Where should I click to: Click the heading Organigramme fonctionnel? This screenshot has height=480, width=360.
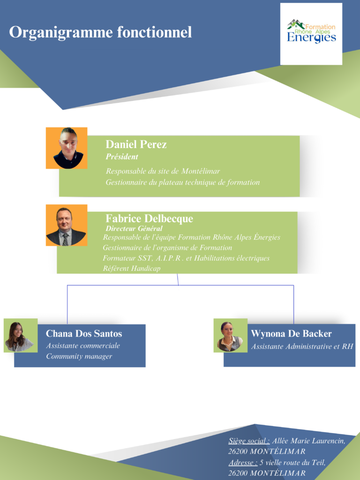[100, 32]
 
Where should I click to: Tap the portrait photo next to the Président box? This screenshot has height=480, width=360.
[67, 148]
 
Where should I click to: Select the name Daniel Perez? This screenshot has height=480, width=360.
[136, 144]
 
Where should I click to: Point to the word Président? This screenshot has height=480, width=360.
[122, 157]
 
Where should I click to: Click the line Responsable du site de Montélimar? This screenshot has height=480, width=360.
[163, 171]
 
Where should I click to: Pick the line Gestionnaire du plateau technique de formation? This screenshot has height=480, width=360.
[182, 182]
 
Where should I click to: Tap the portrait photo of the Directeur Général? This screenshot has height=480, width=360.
[67, 225]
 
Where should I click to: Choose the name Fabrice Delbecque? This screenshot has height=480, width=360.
[149, 218]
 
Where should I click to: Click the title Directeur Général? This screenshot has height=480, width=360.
[134, 228]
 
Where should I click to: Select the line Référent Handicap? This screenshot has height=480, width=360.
[131, 269]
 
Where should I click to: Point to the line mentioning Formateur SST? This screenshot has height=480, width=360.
[186, 258]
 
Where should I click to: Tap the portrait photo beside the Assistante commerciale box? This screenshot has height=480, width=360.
[20, 336]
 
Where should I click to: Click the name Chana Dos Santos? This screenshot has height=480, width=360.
[84, 334]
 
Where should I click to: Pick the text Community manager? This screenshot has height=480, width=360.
[79, 357]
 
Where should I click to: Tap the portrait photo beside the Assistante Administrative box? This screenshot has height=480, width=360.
[230, 336]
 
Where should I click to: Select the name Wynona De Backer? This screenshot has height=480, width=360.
[291, 334]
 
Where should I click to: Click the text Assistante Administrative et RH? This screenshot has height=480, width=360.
[302, 347]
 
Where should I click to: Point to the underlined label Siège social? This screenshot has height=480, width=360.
[249, 441]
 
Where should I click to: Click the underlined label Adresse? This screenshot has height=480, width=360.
[243, 463]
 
